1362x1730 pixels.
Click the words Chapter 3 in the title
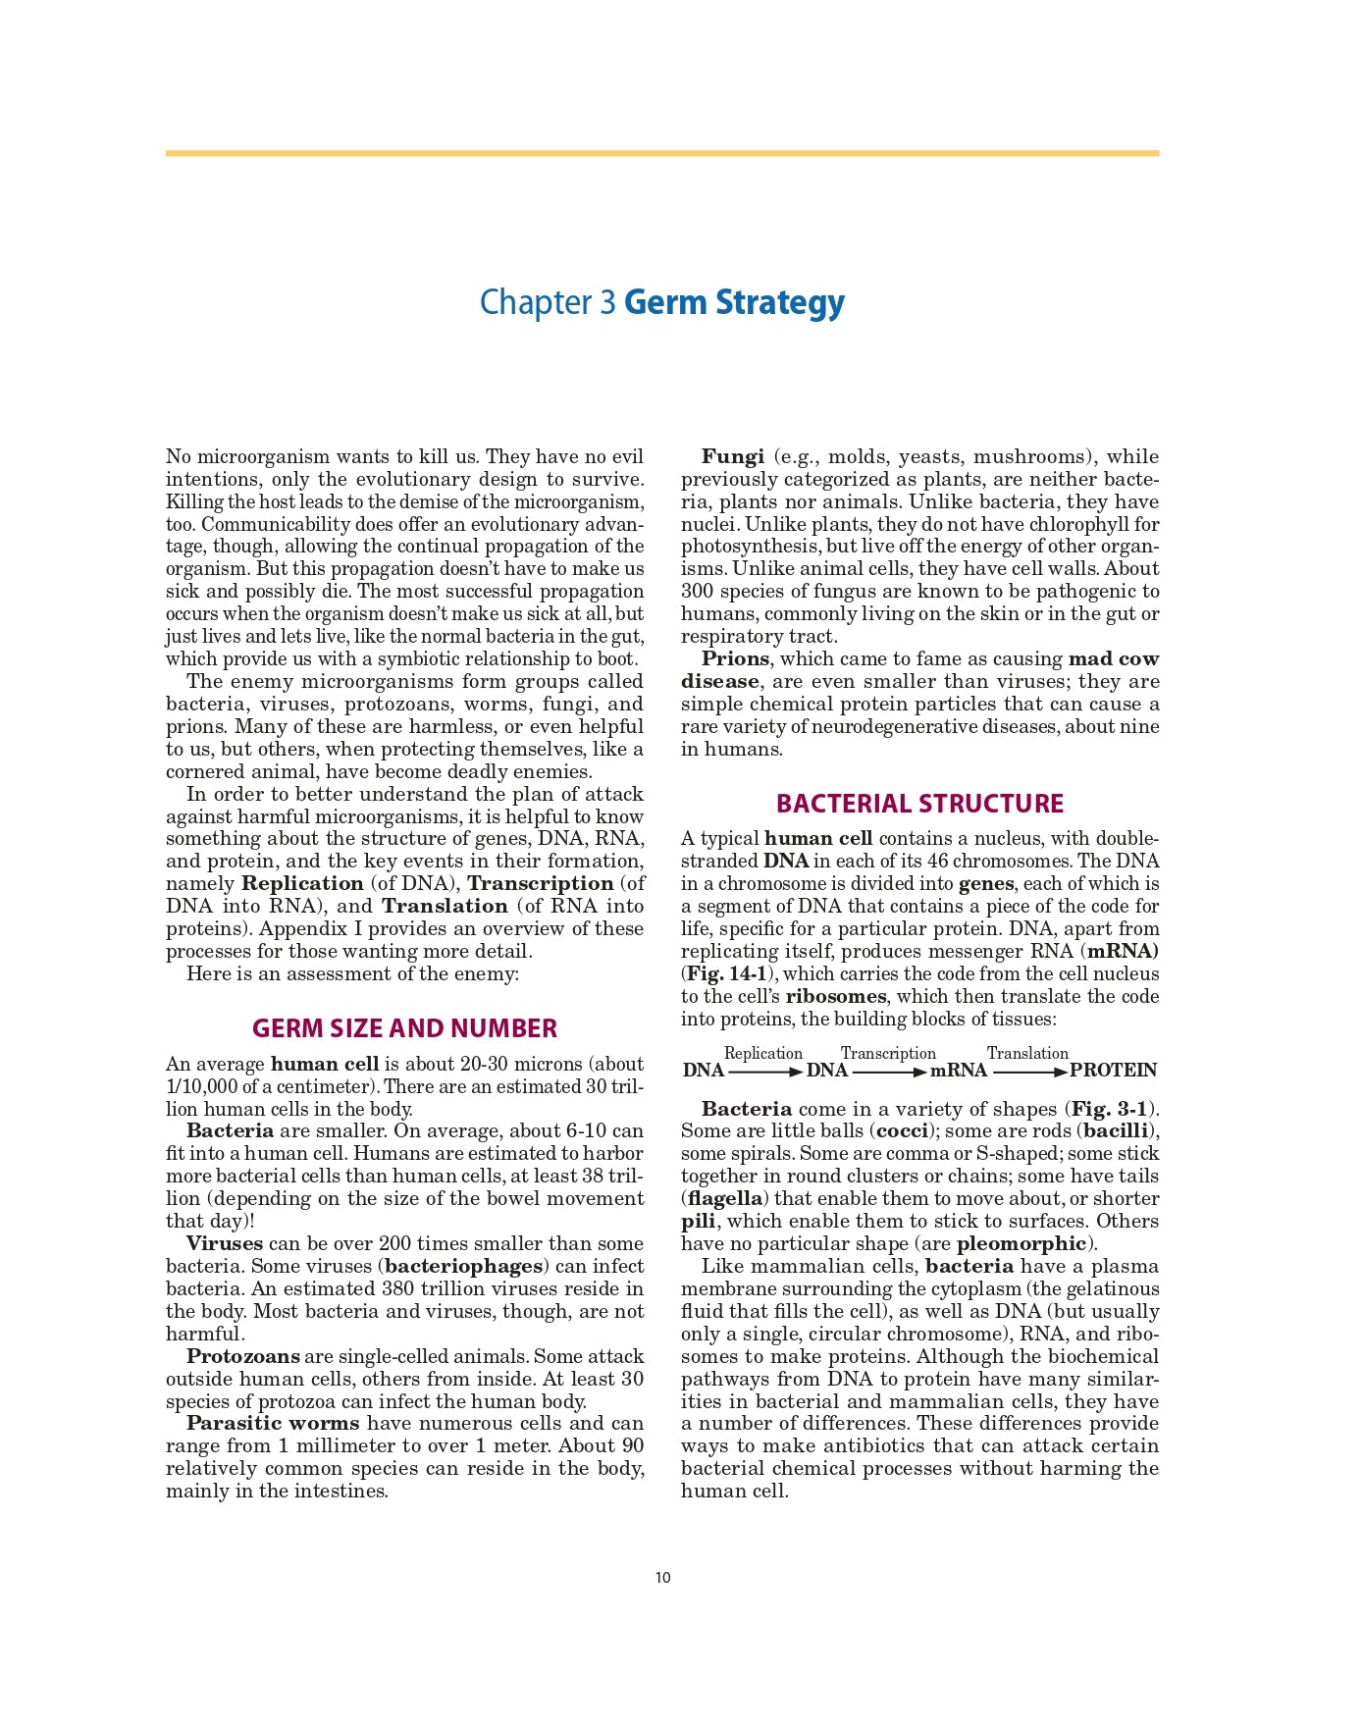(548, 302)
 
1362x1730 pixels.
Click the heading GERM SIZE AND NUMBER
(404, 1028)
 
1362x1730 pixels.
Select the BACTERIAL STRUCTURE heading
(919, 804)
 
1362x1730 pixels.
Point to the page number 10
(663, 1578)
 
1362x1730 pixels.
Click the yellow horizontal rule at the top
(662, 153)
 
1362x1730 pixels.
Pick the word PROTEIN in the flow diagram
(1113, 1071)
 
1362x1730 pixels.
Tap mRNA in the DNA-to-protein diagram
(958, 1071)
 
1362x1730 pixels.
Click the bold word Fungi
(733, 457)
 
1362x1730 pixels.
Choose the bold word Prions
(735, 659)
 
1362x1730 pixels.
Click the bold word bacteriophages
(464, 1267)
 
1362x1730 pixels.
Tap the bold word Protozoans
(243, 1357)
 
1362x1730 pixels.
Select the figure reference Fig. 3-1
(1110, 1110)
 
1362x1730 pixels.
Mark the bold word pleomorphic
(1021, 1244)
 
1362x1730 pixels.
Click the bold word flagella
(725, 1199)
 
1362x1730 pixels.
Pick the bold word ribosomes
(835, 997)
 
